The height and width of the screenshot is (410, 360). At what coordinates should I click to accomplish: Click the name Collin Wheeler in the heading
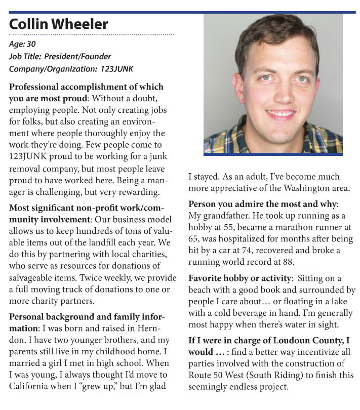tap(59, 24)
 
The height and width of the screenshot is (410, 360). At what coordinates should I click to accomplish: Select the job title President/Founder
tap(77, 56)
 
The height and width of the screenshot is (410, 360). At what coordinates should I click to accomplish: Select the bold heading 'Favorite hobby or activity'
tap(238, 278)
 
